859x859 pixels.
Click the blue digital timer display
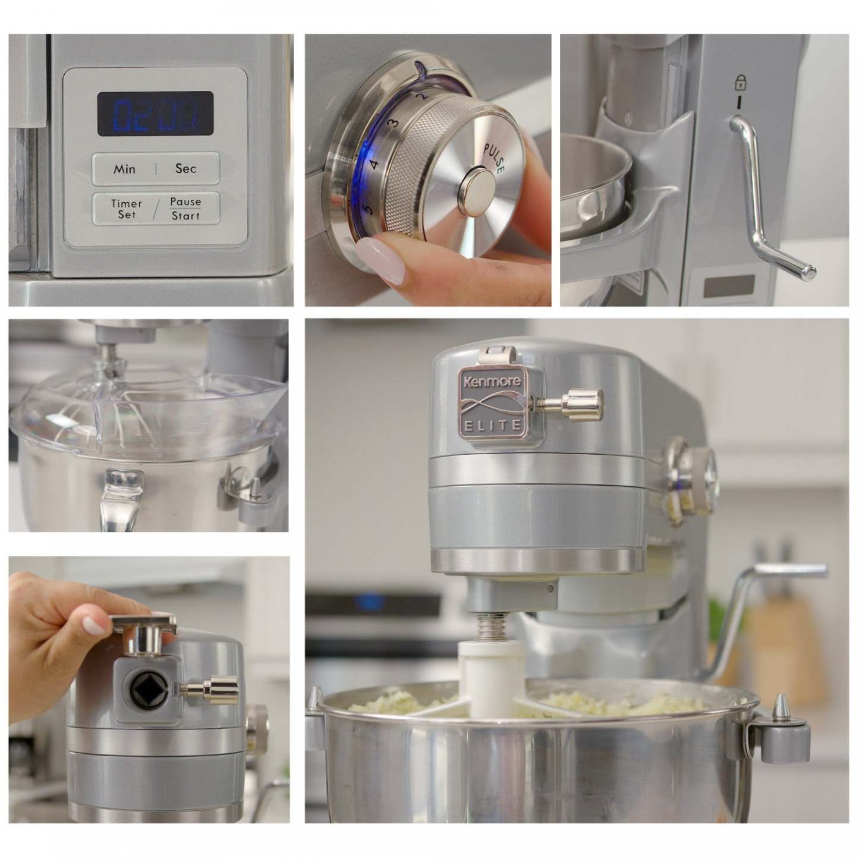pos(155,113)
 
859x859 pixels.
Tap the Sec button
pos(185,169)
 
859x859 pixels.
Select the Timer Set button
pos(127,209)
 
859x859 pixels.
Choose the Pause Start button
pos(185,209)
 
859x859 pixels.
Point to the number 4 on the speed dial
pos(375,164)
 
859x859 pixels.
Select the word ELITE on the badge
pos(492,424)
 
